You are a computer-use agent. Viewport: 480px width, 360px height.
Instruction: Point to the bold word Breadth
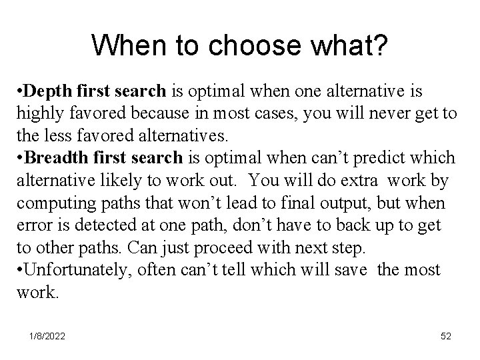(55, 157)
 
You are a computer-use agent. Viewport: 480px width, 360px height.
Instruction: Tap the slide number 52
(445, 337)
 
